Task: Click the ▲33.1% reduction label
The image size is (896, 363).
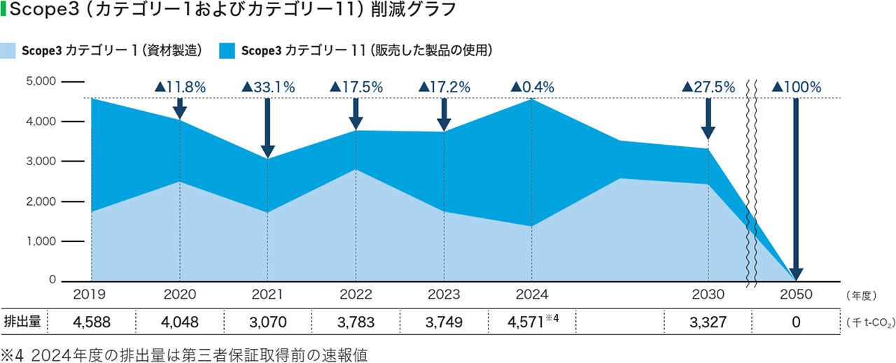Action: click(268, 87)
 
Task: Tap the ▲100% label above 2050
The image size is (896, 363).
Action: click(796, 87)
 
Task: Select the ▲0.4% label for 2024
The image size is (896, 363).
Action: click(532, 87)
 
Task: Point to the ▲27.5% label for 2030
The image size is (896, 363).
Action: click(708, 87)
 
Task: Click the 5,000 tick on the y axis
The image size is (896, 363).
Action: click(40, 81)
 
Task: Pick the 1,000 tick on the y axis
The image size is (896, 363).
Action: click(40, 241)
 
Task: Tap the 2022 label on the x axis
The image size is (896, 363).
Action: click(356, 294)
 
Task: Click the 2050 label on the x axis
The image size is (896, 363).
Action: click(796, 294)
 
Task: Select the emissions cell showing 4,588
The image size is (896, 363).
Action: click(92, 322)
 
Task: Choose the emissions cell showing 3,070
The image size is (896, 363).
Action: click(268, 322)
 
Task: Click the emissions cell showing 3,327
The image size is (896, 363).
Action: click(708, 322)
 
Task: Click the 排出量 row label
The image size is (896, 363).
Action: click(22, 322)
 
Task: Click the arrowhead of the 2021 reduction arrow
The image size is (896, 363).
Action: click(267, 152)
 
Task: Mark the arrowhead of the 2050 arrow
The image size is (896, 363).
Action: click(796, 274)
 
